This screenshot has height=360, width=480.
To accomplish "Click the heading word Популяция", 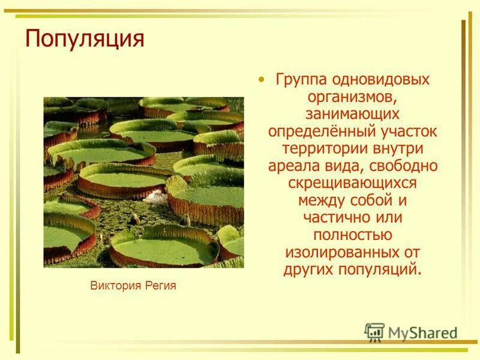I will tap(85, 39).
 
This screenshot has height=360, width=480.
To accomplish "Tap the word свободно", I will tap(400, 165).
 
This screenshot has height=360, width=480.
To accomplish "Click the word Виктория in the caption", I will tap(116, 286).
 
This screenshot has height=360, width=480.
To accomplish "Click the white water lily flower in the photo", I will tap(157, 196).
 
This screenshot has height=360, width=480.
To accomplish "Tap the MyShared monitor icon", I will tap(374, 332).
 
